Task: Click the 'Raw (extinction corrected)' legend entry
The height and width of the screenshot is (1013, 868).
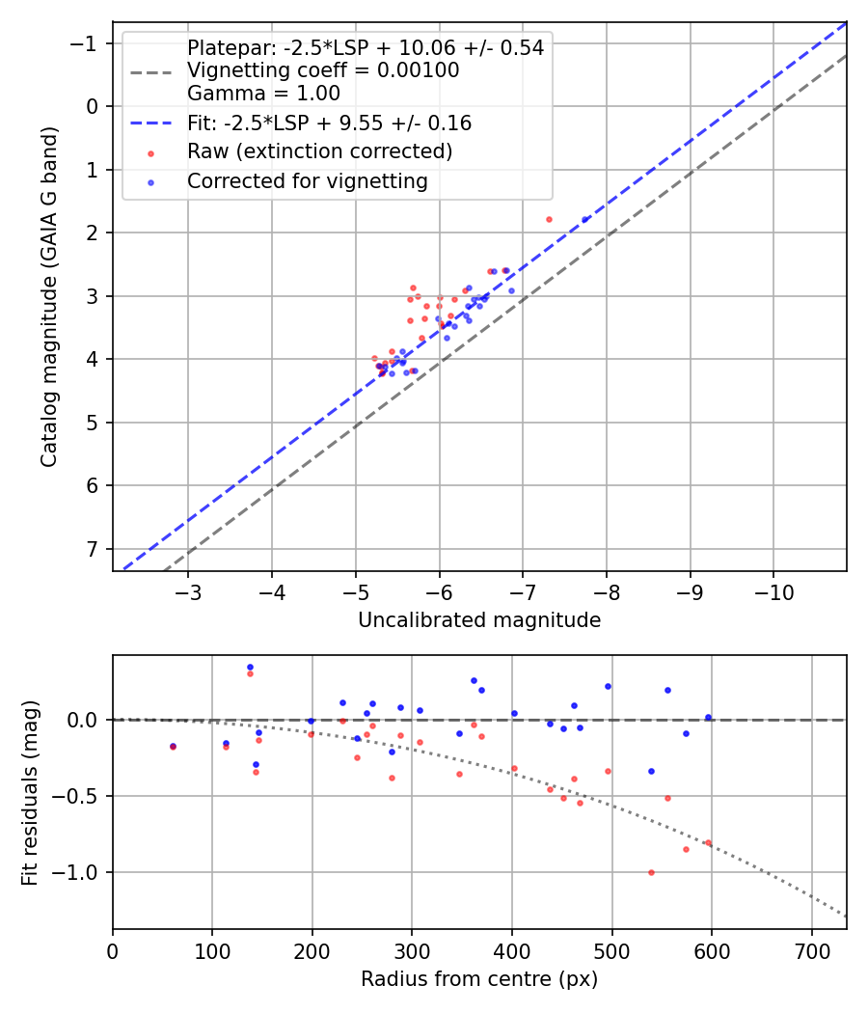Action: (319, 151)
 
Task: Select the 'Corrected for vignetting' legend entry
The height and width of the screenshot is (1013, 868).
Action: (307, 180)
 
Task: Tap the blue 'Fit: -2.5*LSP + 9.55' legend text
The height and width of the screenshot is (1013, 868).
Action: (329, 123)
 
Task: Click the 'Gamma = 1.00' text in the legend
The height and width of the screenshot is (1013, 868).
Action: (263, 94)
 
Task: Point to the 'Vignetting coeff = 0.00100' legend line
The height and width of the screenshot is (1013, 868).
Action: (322, 70)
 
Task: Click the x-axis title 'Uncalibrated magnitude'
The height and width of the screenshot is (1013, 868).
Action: (479, 620)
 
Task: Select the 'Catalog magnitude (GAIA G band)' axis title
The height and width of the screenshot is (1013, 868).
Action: (50, 296)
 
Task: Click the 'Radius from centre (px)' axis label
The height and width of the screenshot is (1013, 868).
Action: (479, 979)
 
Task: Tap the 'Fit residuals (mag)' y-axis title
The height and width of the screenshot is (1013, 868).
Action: (30, 792)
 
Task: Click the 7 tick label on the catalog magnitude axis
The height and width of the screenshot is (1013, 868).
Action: (93, 549)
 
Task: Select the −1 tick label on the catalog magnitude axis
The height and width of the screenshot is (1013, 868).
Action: (87, 43)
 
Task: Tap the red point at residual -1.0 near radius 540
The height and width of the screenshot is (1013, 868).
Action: (651, 872)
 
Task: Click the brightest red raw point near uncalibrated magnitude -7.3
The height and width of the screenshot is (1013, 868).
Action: (549, 219)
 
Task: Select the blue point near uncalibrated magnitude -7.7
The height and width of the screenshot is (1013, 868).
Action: (584, 220)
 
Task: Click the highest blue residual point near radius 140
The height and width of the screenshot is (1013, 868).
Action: (250, 667)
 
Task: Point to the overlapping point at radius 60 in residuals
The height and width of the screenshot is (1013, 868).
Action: (173, 747)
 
